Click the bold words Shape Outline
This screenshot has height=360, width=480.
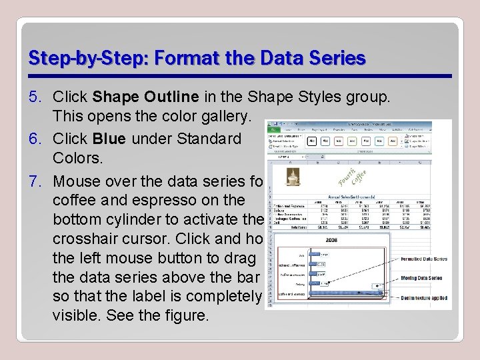pyautogui.click(x=145, y=97)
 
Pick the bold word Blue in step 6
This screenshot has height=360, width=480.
pyautogui.click(x=109, y=139)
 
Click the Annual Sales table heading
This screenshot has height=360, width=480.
pyautogui.click(x=351, y=197)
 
